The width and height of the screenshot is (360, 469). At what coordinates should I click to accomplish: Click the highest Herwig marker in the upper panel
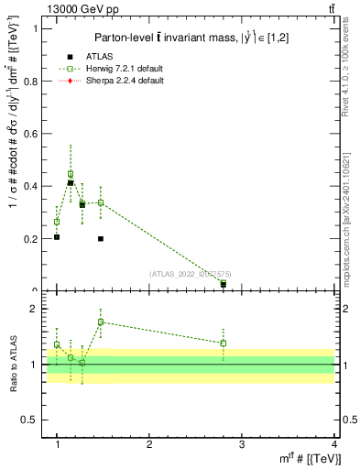tap(71, 173)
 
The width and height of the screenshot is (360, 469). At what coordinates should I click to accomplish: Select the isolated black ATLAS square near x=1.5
tap(101, 239)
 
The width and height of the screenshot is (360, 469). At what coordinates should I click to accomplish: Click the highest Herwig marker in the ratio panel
tap(101, 322)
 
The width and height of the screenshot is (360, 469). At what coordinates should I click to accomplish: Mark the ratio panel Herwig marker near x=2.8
tap(224, 343)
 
